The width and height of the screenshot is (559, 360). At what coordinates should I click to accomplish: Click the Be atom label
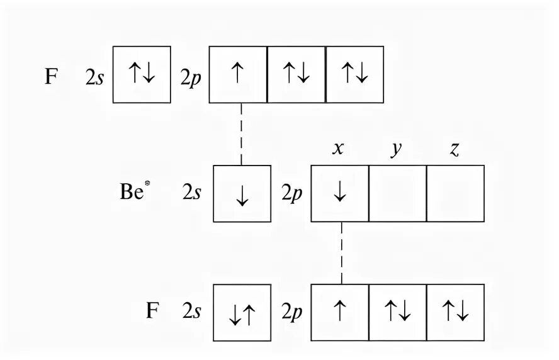133,193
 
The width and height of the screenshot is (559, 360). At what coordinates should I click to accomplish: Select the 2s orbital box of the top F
142,74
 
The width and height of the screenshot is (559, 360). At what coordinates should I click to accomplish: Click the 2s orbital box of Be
242,194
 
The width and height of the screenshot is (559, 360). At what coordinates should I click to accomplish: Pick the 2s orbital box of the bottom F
242,313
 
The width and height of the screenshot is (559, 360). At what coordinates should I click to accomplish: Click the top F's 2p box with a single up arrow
237,74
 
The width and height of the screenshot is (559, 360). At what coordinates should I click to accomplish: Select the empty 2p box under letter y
397,194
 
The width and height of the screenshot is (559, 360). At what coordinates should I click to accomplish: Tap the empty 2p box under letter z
455,194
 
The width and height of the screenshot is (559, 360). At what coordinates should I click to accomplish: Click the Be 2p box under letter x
340,194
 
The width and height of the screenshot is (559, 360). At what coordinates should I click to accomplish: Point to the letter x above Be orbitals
339,150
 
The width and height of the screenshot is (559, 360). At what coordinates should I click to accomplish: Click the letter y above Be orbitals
397,152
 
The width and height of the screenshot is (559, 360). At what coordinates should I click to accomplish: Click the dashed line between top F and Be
242,133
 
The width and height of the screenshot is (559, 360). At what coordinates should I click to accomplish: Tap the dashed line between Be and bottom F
341,252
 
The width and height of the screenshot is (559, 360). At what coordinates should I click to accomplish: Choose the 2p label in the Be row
291,194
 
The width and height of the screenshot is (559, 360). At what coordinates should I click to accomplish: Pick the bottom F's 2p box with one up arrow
340,313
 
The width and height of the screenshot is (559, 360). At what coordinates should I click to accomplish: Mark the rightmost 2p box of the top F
354,74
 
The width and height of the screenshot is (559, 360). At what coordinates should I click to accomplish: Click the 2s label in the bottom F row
192,312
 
